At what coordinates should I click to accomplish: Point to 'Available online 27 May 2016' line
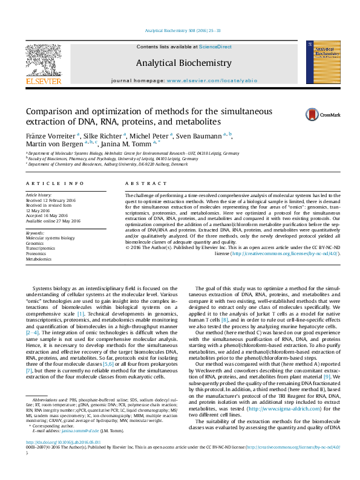53,221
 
